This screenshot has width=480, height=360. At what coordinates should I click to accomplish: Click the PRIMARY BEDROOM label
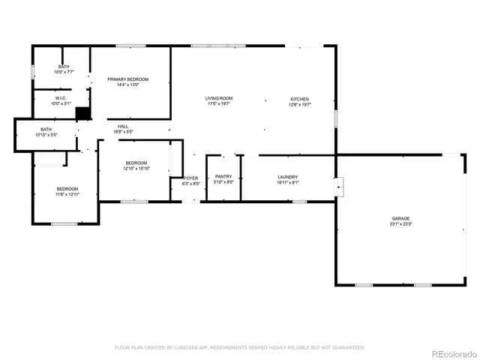[x=127, y=79]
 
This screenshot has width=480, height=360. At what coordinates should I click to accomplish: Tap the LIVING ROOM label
[x=220, y=98]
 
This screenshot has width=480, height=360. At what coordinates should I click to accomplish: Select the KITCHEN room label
[x=300, y=99]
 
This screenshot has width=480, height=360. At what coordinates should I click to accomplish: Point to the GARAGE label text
[x=400, y=218]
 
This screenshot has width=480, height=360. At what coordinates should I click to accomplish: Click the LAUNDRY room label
[x=288, y=176]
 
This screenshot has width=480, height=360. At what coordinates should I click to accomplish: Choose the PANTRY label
[x=223, y=176]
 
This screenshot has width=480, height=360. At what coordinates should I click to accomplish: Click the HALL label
[x=123, y=127]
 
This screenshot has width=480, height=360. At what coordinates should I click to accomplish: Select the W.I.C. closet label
[x=61, y=98]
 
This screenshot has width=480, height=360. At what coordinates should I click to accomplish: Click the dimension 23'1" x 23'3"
[x=400, y=224]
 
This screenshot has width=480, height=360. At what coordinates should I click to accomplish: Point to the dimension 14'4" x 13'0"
[x=127, y=85]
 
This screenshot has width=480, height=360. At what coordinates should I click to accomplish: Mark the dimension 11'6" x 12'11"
[x=67, y=194]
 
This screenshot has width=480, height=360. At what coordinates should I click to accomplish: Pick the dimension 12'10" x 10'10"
[x=136, y=169]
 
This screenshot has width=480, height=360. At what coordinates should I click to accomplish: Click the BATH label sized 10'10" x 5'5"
[x=46, y=130]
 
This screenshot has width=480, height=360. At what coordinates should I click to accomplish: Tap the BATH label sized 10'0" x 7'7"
[x=64, y=67]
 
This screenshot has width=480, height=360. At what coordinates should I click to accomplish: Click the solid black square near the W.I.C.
[x=83, y=113]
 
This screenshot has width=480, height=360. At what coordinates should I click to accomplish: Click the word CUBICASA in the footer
[x=190, y=347]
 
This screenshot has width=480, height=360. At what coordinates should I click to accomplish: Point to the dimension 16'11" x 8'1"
[x=288, y=182]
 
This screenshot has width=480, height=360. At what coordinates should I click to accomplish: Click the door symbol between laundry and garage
[x=339, y=184]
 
